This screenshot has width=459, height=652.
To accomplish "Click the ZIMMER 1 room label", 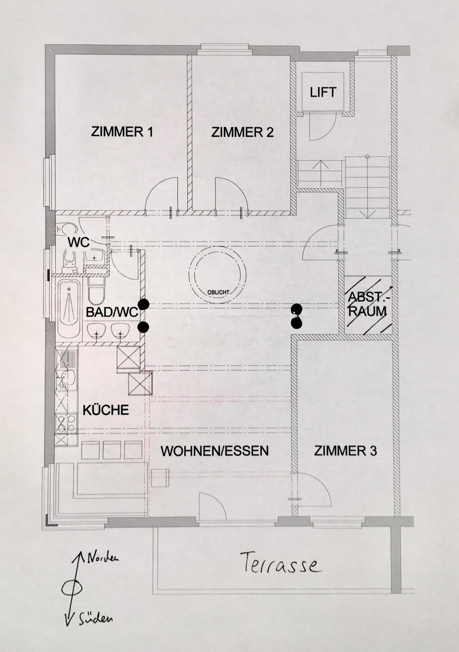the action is click(x=122, y=132).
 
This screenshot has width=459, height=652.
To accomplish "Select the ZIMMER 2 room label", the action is click(x=242, y=133).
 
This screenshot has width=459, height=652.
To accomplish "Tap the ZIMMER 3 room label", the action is click(x=345, y=451).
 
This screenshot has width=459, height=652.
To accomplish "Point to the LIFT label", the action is click(x=323, y=92).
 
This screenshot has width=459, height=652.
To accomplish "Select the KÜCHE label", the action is click(x=106, y=410).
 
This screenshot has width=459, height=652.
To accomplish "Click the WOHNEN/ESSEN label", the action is click(x=215, y=451).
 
